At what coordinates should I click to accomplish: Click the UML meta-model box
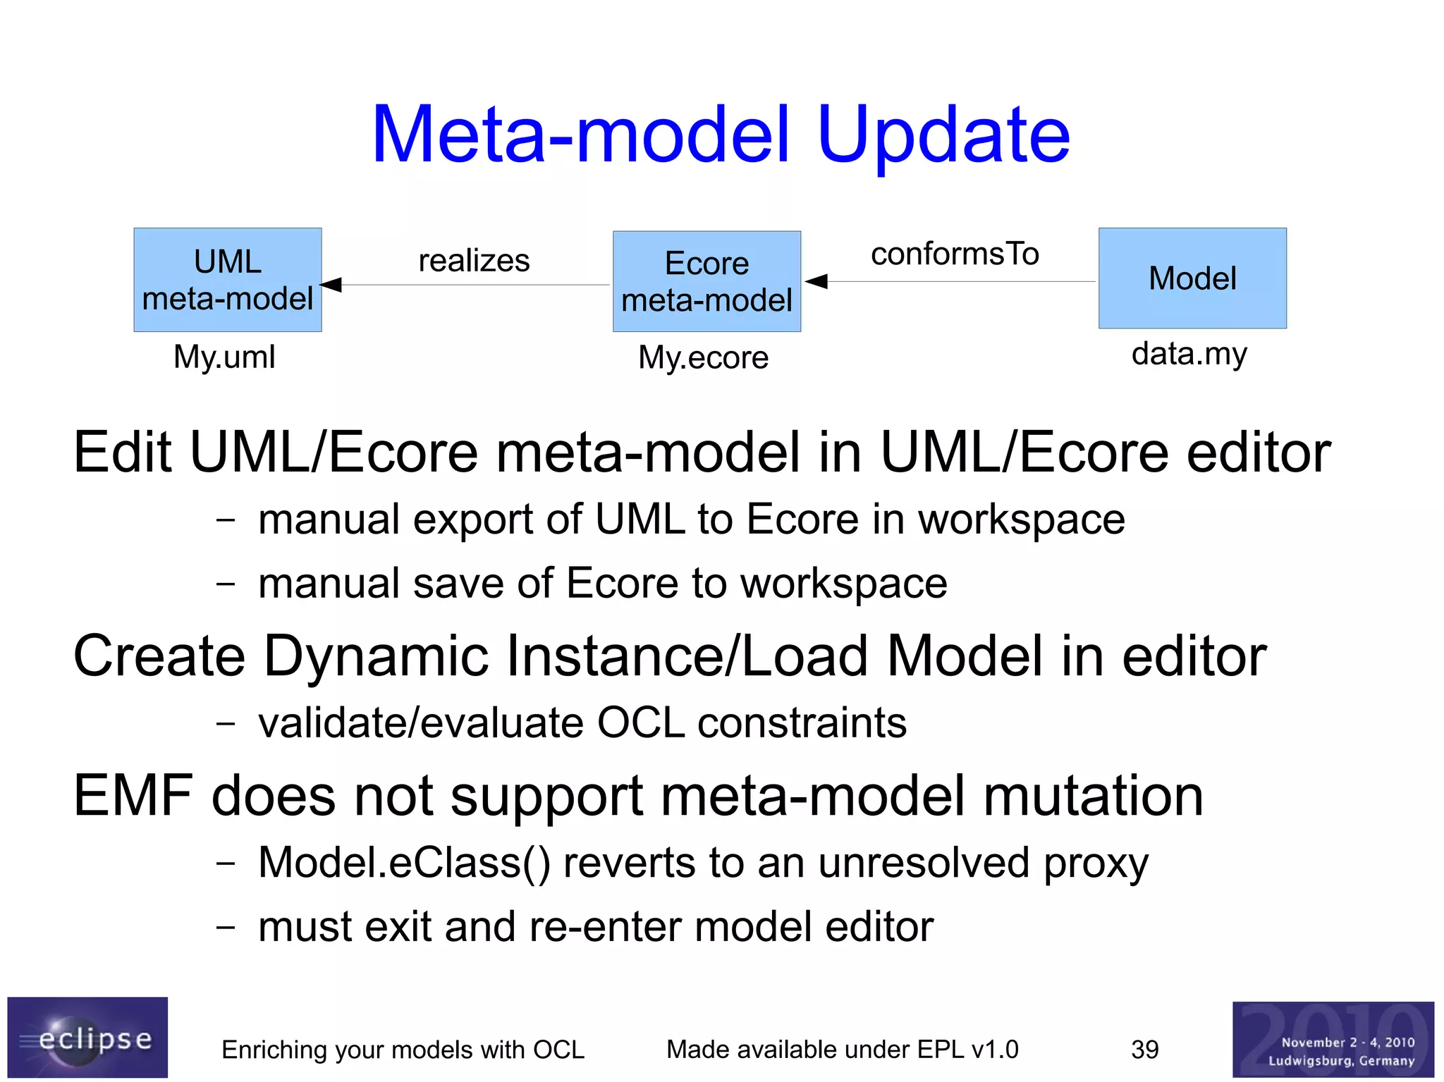point(227,280)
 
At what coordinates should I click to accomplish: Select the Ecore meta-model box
point(706,282)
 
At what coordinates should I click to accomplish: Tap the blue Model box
point(1192,278)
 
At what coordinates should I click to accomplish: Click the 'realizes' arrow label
point(474,261)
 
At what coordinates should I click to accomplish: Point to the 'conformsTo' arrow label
point(955,254)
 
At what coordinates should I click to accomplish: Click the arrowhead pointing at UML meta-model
point(331,285)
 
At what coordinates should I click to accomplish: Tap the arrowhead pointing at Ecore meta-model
point(816,281)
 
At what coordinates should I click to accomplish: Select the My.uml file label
point(224,357)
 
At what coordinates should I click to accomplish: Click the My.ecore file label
point(703,357)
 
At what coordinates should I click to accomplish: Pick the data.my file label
point(1189,354)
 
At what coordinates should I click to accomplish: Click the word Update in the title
point(943,135)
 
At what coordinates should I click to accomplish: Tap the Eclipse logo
point(87,1037)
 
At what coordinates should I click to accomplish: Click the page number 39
point(1144,1050)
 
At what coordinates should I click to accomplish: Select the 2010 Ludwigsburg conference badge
point(1333,1039)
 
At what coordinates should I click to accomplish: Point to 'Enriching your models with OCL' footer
point(403,1050)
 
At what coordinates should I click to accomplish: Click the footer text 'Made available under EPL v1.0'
point(843,1050)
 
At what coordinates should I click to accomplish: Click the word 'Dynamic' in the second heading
point(376,656)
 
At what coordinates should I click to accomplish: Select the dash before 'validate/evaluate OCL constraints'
point(226,723)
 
